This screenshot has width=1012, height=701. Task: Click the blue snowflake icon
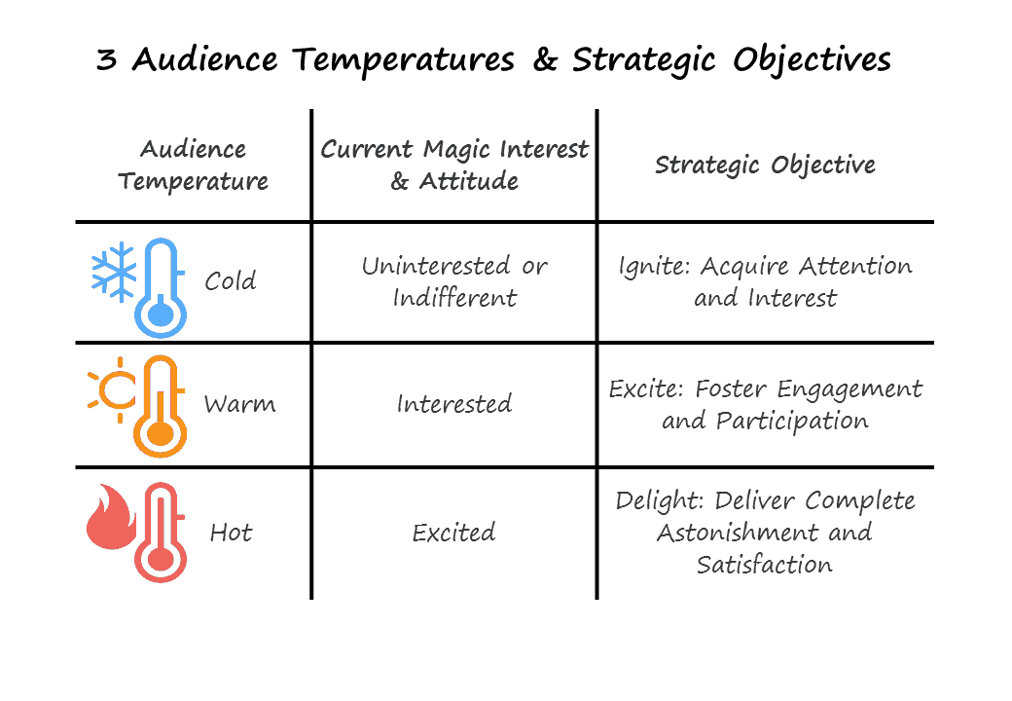point(114,272)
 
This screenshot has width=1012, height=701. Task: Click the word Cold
point(231,280)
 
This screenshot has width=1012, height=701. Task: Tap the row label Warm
point(239,404)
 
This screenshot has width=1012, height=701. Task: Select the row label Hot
point(231,533)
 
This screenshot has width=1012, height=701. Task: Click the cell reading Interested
point(454,404)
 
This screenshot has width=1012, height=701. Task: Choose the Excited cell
point(453,533)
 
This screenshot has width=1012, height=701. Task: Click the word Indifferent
point(455,298)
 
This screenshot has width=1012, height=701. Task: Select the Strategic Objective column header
point(766,166)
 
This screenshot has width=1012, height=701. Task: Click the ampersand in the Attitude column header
point(400,181)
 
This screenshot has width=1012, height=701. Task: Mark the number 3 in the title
point(107,59)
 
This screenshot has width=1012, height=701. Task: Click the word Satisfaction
point(765,564)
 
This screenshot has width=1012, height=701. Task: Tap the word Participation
point(792,422)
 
